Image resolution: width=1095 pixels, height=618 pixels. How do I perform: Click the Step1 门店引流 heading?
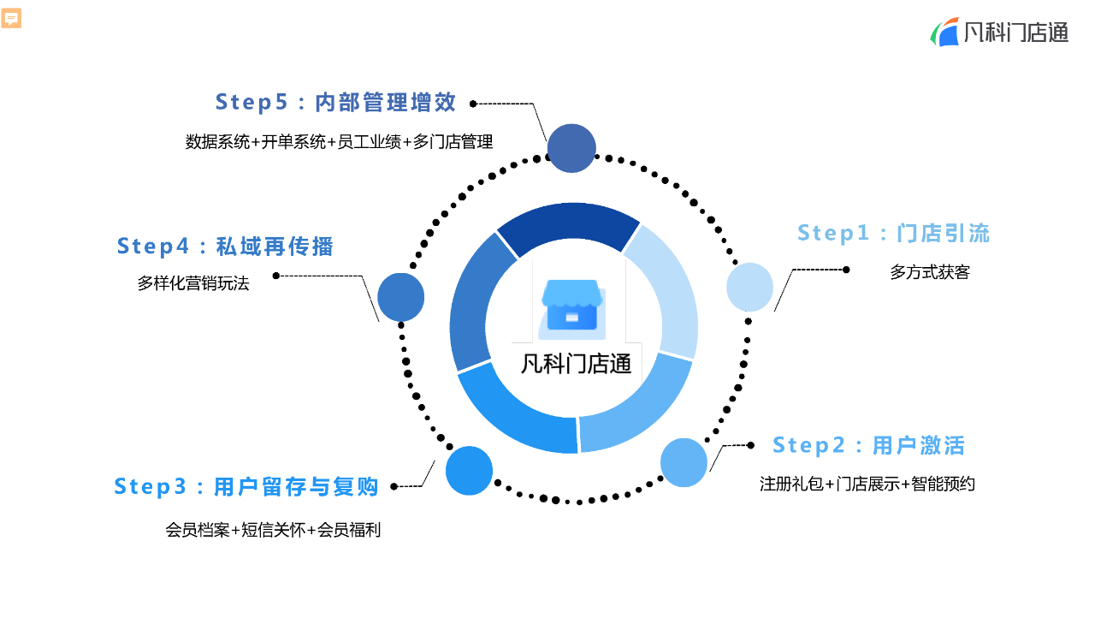pyautogui.click(x=893, y=233)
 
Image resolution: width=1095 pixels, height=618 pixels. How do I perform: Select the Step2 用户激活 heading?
pyautogui.click(x=868, y=445)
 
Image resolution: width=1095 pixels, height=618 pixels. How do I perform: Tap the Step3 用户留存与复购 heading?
pyautogui.click(x=246, y=486)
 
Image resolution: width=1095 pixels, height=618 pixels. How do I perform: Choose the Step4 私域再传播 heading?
pyautogui.click(x=225, y=247)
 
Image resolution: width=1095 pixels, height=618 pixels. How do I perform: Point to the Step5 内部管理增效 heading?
pyautogui.click(x=335, y=102)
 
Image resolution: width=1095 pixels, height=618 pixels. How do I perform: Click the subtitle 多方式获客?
pyautogui.click(x=930, y=272)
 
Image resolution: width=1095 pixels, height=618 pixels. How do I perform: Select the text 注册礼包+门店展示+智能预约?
pyautogui.click(x=867, y=484)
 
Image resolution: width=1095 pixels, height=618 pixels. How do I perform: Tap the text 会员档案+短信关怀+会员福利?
pyautogui.click(x=273, y=530)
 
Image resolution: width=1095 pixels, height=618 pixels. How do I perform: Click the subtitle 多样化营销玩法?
pyautogui.click(x=193, y=283)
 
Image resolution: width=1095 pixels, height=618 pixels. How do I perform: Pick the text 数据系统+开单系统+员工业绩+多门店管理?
pyautogui.click(x=339, y=142)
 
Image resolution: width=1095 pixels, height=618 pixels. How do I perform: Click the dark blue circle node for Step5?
pyautogui.click(x=571, y=148)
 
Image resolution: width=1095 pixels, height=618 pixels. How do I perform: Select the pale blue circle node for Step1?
pyautogui.click(x=749, y=287)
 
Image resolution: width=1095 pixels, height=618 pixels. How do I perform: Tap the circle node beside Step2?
pyautogui.click(x=684, y=462)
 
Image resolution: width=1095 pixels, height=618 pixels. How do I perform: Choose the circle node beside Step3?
pyautogui.click(x=470, y=471)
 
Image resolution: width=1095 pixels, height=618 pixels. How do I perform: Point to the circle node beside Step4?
pyautogui.click(x=401, y=297)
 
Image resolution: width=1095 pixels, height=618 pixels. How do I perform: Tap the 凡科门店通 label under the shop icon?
pyautogui.click(x=577, y=363)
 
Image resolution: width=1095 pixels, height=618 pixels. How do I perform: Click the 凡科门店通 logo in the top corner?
pyautogui.click(x=999, y=33)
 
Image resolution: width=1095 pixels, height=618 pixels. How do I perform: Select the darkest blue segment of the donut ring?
pyautogui.click(x=568, y=224)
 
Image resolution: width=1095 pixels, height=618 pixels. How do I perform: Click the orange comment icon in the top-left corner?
pyautogui.click(x=12, y=19)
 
